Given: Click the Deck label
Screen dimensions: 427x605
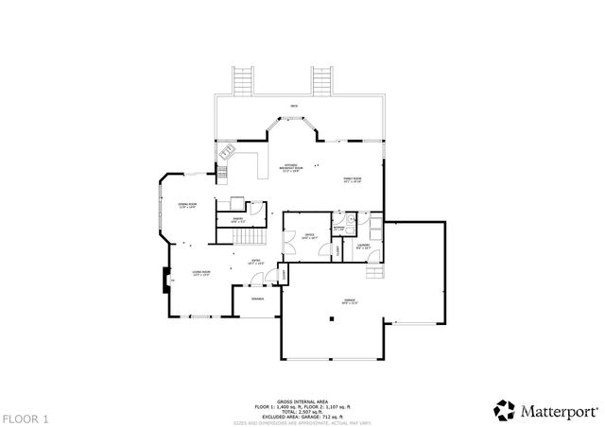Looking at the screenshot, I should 294,107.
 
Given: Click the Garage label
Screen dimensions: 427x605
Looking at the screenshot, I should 350,301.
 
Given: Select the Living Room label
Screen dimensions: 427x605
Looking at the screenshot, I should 201,273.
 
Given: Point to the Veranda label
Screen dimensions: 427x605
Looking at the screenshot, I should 257,299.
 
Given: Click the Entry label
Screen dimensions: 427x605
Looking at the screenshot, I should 254,263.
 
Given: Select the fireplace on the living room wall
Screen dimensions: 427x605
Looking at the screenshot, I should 166,281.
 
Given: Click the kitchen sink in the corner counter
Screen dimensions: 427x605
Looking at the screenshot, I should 228,152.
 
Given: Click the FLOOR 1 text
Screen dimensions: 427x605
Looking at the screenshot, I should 26,417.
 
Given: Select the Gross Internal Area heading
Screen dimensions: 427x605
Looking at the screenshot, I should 302,401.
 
